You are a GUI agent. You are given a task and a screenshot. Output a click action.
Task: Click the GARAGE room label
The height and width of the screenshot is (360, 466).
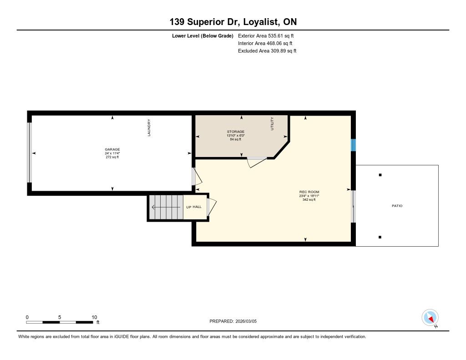[x=112, y=150]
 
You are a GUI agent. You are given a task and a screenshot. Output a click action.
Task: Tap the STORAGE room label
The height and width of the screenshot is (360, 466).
[x=236, y=132]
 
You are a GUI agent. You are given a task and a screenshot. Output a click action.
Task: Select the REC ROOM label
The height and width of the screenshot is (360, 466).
[x=309, y=192]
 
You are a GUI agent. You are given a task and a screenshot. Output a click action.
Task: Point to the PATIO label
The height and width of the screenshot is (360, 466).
[x=397, y=206]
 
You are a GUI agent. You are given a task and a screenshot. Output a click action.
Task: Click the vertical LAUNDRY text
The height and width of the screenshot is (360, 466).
[x=149, y=127]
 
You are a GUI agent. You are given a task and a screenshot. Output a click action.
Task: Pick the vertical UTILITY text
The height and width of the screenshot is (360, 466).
[x=272, y=123]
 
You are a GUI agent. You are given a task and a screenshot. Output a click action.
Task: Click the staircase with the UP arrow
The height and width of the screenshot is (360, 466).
[x=166, y=207]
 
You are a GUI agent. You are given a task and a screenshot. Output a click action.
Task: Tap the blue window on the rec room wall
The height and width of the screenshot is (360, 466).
[x=353, y=145]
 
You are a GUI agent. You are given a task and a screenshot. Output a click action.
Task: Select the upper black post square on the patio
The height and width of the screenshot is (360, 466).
[x=380, y=175]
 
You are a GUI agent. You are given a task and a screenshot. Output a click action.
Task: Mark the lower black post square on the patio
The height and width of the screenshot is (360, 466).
[x=380, y=237]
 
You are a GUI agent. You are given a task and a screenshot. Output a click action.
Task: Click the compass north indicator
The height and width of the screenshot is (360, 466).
[x=430, y=318]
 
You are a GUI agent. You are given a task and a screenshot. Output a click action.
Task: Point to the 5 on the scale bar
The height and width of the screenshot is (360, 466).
[x=60, y=317]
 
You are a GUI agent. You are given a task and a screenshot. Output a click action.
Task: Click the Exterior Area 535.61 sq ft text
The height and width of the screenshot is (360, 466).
[x=266, y=35]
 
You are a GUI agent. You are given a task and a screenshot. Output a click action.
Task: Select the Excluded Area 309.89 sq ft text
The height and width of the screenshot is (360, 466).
[x=267, y=51]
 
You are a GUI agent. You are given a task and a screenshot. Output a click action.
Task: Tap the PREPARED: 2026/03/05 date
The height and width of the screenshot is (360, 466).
[x=233, y=321]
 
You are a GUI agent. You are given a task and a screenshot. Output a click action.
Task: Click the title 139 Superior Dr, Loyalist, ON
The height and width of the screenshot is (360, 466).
[x=233, y=22]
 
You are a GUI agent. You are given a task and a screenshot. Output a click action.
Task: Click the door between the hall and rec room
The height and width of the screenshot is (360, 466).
[x=211, y=207]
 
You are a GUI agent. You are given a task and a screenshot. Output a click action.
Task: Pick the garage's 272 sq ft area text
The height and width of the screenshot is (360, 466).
[x=112, y=157]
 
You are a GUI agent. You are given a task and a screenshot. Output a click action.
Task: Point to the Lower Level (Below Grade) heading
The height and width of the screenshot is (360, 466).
[x=203, y=36]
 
